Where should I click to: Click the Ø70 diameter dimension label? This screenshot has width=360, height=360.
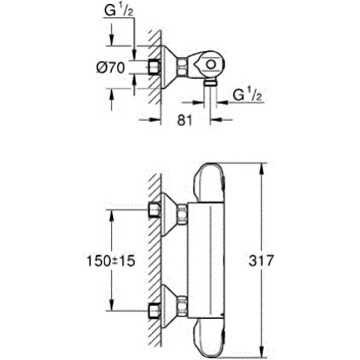[x=111, y=68]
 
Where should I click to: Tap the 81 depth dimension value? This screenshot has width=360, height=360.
[x=184, y=120]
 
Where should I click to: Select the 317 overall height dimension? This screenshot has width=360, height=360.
[x=261, y=260]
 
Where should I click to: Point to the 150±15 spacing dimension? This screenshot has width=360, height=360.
[x=111, y=261]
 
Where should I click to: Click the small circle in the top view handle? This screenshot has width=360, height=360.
[x=211, y=64]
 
